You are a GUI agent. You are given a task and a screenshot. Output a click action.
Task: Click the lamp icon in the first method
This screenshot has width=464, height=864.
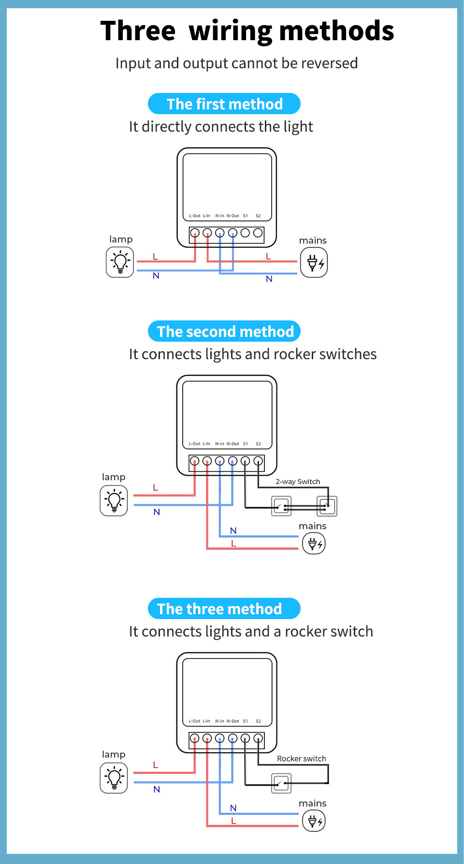click(x=120, y=262)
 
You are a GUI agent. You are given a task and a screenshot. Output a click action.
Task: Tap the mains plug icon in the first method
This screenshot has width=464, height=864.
click(x=314, y=263)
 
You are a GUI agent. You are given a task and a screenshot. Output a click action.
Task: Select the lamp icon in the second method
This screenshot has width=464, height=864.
click(x=114, y=500)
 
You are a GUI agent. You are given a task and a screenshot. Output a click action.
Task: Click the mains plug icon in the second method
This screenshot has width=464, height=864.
click(x=314, y=543)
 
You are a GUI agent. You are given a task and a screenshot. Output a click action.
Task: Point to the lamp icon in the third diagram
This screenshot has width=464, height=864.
click(x=114, y=778)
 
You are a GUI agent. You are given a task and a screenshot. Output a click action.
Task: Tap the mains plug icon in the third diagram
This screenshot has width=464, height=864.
click(x=314, y=821)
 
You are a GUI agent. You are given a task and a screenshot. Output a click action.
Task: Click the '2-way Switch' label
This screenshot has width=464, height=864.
click(x=298, y=482)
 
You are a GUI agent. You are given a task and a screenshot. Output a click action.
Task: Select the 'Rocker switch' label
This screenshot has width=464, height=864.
click(x=301, y=758)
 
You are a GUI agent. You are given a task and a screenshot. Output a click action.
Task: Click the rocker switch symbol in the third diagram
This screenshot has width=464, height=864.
click(x=281, y=783)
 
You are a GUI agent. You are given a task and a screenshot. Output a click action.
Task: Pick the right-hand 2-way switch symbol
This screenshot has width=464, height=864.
click(x=327, y=506)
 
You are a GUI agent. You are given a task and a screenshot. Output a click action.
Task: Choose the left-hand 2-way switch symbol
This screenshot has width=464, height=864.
click(x=281, y=506)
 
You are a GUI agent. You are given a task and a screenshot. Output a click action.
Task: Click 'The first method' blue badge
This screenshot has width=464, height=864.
click(x=224, y=104)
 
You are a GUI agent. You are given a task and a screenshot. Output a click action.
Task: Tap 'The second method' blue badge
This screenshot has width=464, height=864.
click(x=224, y=332)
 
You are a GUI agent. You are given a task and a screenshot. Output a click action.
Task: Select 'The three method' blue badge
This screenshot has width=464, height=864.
click(x=224, y=609)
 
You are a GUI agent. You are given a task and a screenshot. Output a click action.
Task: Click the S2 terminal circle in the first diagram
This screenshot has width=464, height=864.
click(x=258, y=233)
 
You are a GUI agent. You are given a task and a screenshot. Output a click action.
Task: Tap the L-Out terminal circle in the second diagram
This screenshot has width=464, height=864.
click(x=194, y=461)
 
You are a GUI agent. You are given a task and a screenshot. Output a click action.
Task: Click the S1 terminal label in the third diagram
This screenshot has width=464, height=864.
click(x=246, y=721)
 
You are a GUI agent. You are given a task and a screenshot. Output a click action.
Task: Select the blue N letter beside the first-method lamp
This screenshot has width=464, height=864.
click(x=156, y=276)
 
